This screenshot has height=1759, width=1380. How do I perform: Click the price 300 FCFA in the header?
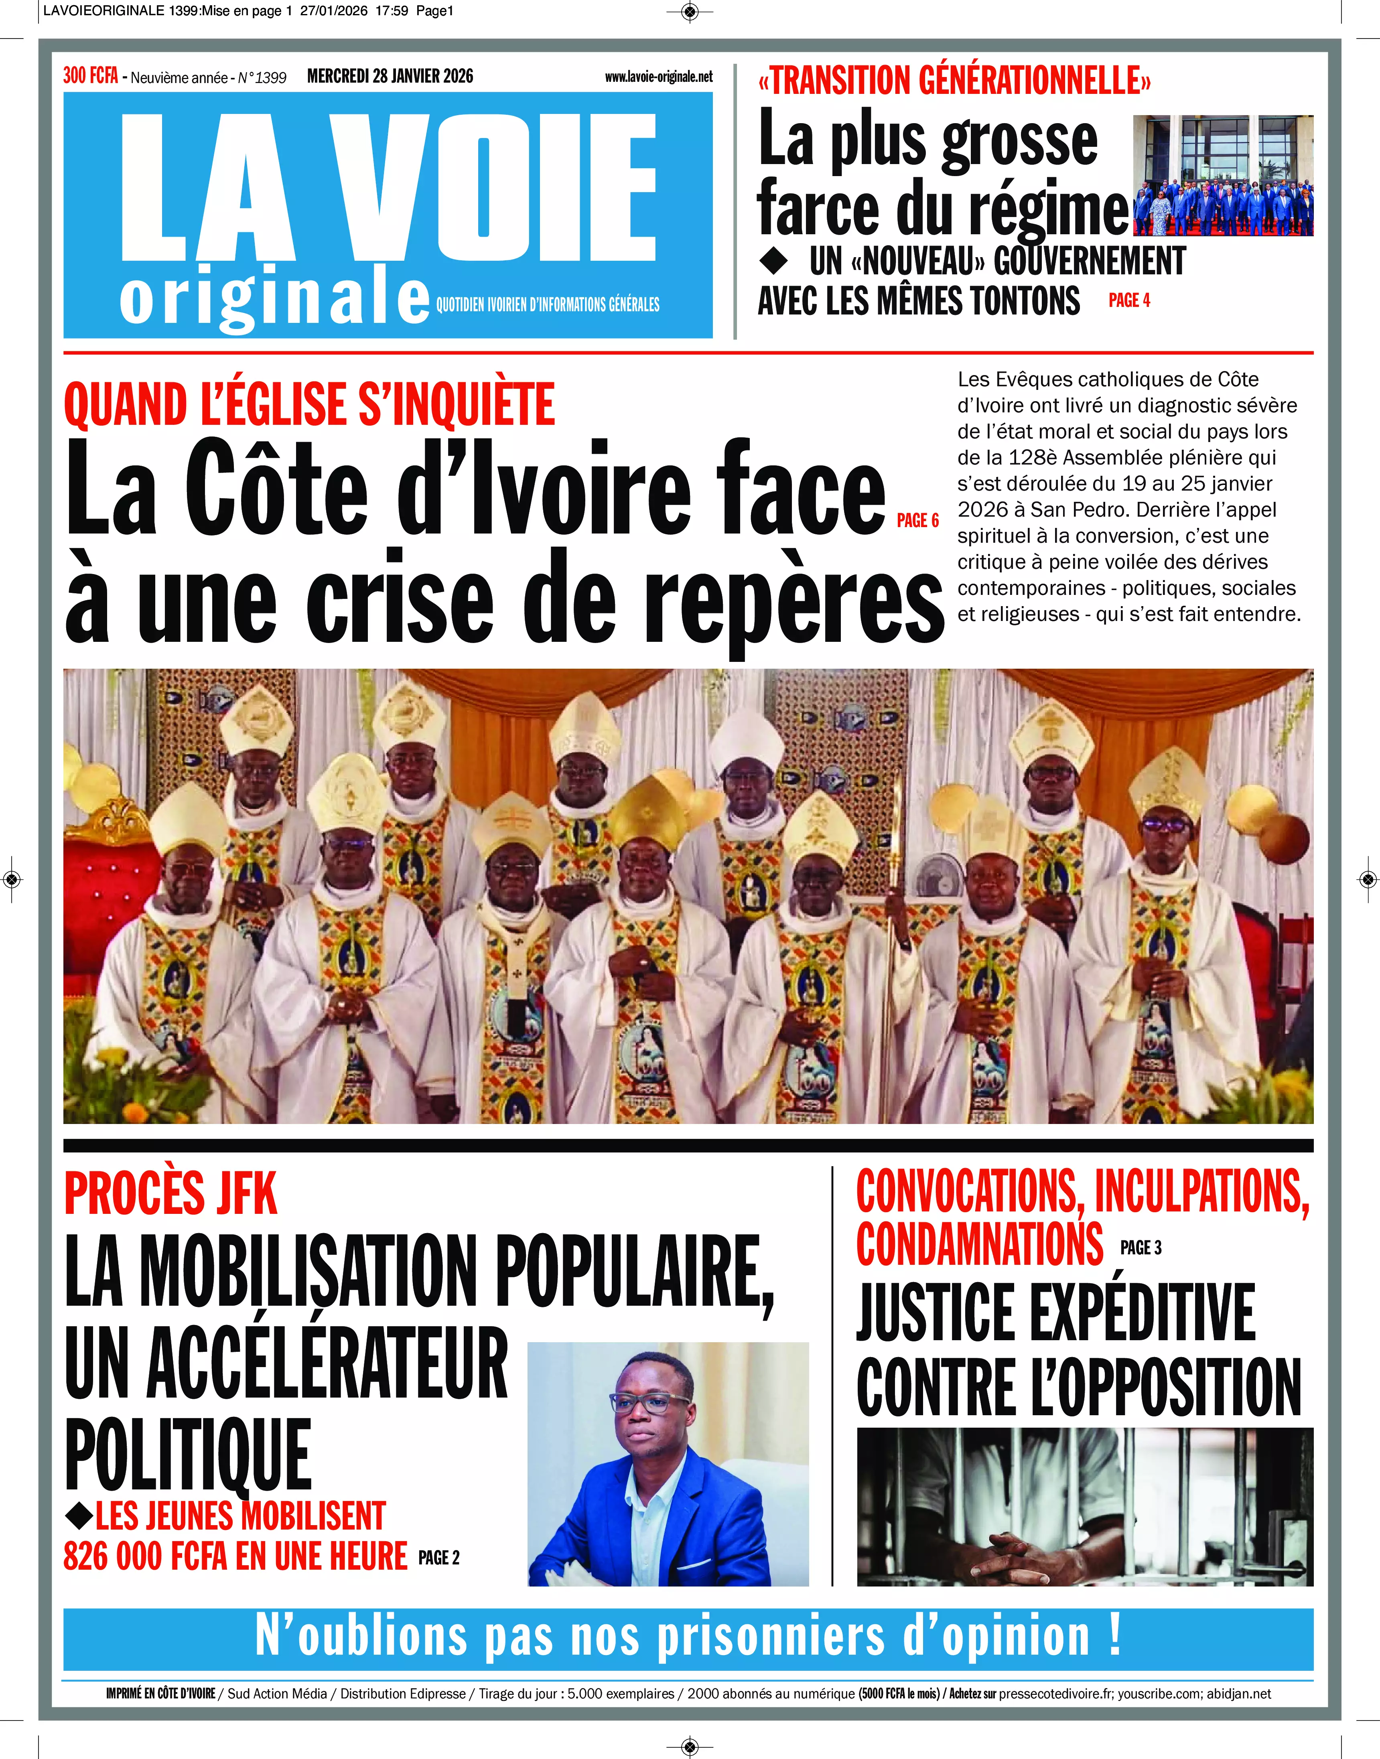click(x=91, y=76)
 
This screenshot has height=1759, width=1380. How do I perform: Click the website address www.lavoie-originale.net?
click(x=658, y=77)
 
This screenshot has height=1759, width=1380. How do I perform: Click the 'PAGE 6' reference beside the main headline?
click(x=918, y=520)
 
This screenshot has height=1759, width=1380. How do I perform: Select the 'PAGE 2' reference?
click(x=439, y=1558)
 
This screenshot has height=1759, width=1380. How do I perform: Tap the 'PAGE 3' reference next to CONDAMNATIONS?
click(x=1141, y=1248)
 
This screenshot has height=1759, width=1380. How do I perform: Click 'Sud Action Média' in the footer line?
click(x=277, y=1694)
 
